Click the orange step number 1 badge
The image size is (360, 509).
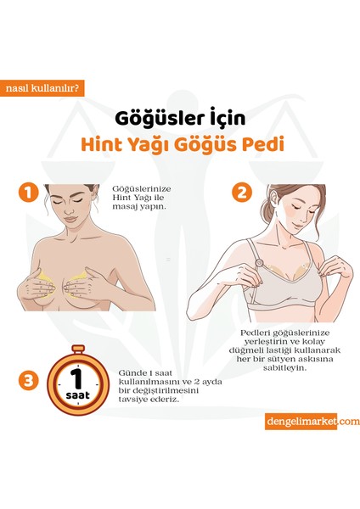click(x=31, y=193)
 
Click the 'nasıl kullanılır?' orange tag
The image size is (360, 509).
click(x=43, y=87)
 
